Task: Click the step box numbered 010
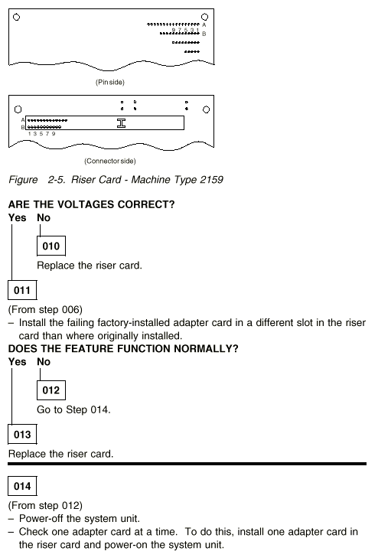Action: click(x=51, y=246)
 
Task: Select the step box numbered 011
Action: click(x=22, y=290)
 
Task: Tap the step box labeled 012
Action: click(x=51, y=390)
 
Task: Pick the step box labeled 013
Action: click(x=22, y=435)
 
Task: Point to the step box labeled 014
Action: click(x=22, y=486)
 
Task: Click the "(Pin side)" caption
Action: click(x=110, y=82)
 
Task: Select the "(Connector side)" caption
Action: click(x=110, y=161)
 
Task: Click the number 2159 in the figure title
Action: click(x=211, y=180)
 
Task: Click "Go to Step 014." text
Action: click(x=73, y=409)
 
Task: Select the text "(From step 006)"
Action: click(x=45, y=310)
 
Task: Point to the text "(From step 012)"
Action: click(x=45, y=505)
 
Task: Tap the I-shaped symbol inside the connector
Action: click(x=121, y=123)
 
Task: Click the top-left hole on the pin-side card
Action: click(x=17, y=17)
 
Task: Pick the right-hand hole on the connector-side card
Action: click(x=206, y=109)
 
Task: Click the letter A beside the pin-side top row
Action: click(x=204, y=25)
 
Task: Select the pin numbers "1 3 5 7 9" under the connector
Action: click(x=42, y=134)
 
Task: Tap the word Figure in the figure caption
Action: click(x=23, y=180)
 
